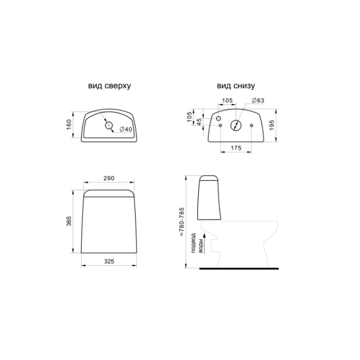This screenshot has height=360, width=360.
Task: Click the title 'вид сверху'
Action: click(109, 85)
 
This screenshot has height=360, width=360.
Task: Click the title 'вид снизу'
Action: click(236, 85)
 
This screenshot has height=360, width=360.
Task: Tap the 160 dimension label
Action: click(69, 124)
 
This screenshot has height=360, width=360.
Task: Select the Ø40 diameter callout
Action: click(126, 129)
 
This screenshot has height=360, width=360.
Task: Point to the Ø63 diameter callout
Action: click(258, 100)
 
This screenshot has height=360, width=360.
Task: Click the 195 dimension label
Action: click(272, 125)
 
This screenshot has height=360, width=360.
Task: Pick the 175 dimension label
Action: click(236, 148)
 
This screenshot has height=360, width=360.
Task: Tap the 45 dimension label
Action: click(199, 121)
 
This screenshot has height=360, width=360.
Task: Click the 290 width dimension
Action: click(109, 178)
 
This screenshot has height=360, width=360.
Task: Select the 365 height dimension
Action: click(69, 221)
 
